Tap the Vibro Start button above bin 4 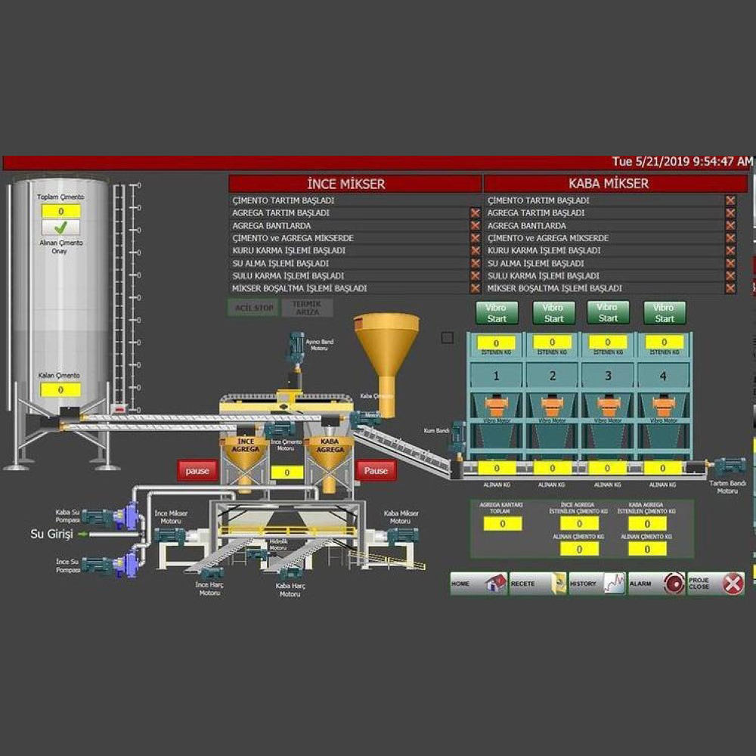click(665, 313)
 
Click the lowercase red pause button click(197, 471)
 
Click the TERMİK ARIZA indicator click(307, 308)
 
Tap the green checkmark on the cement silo click(60, 227)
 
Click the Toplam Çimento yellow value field click(60, 211)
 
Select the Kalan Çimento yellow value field click(60, 390)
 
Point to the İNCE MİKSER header click(355, 184)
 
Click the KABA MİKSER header click(615, 184)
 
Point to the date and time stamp click(682, 162)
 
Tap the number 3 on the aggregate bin click(609, 376)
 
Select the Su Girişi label click(51, 534)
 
